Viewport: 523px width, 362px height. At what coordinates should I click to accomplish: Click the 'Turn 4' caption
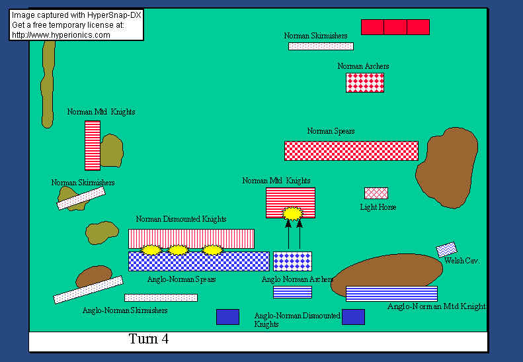click(149, 339)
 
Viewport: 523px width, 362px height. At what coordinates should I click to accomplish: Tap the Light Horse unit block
click(376, 193)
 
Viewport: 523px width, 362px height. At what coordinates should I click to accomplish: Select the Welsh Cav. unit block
click(446, 249)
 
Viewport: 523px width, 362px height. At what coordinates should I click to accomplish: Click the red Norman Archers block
click(365, 82)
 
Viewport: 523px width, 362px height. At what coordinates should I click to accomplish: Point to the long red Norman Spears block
click(351, 150)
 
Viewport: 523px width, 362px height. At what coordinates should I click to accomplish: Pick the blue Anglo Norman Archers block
click(292, 261)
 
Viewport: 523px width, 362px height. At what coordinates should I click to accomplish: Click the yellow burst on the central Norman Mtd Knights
click(292, 213)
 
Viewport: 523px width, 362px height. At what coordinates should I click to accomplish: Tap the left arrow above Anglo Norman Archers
click(288, 235)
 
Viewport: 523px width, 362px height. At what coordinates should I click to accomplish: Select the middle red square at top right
click(395, 27)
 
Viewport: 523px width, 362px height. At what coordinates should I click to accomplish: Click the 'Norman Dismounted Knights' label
click(181, 219)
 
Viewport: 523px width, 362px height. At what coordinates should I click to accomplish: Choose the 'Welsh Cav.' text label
click(463, 261)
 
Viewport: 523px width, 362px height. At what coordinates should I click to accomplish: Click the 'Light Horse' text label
click(378, 207)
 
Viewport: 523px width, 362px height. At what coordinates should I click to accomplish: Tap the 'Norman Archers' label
click(363, 66)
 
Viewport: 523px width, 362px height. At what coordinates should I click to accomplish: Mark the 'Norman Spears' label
click(331, 131)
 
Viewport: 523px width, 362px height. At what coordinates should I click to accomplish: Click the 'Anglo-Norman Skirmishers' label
click(125, 310)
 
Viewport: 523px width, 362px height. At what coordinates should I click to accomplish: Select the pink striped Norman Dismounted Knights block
click(191, 238)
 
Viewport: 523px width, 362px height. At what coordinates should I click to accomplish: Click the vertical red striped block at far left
click(93, 145)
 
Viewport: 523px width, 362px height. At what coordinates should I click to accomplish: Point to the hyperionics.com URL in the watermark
click(61, 35)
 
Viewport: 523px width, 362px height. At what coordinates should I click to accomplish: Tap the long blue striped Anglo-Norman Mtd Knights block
click(391, 293)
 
